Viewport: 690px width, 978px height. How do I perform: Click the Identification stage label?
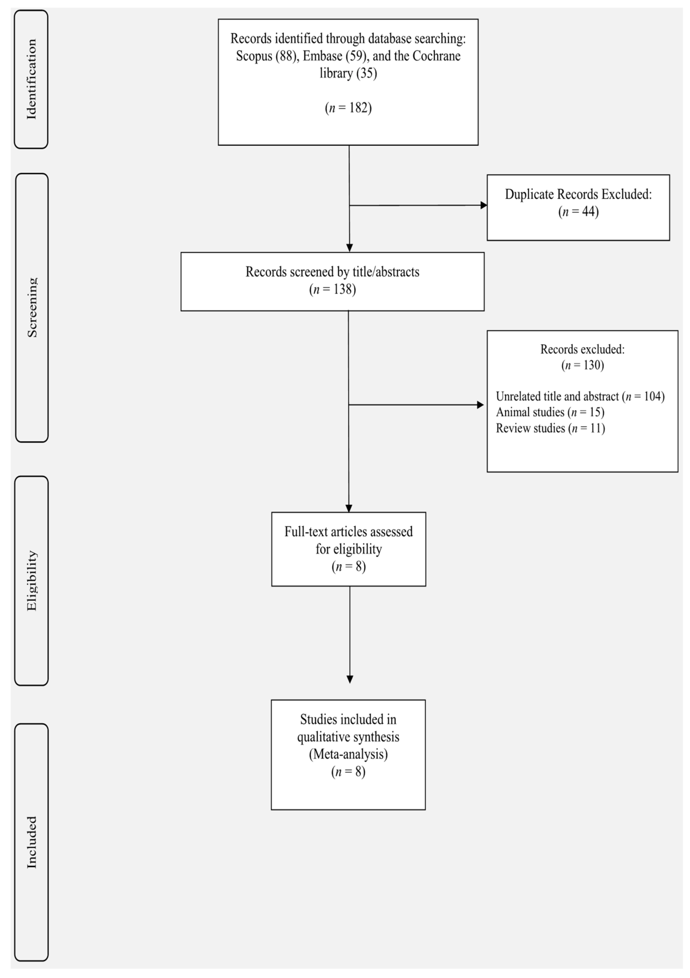click(32, 79)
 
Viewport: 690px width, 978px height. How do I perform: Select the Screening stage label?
click(32, 307)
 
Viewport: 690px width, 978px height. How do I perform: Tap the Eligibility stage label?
click(32, 580)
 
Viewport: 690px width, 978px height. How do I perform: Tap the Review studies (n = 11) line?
click(550, 428)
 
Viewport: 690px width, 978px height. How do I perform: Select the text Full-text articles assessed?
click(348, 532)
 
